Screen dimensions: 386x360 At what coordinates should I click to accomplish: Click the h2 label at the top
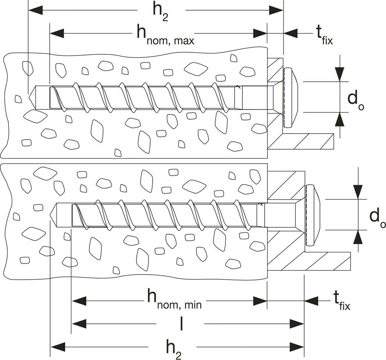point(161,13)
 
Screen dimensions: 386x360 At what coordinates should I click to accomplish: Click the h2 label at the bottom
point(173,349)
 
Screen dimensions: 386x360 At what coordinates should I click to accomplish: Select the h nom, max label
point(165,35)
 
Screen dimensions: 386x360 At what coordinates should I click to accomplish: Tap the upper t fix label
point(324,35)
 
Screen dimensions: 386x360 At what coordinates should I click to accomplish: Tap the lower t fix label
point(342,300)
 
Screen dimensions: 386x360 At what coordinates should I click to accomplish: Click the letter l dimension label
point(181,323)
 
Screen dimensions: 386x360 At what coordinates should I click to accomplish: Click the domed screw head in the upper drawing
point(291,98)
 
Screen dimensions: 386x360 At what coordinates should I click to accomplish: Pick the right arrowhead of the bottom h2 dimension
point(297,347)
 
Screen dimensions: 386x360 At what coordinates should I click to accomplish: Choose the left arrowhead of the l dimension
point(79,324)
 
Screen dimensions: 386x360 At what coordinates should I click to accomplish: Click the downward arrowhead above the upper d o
point(340,74)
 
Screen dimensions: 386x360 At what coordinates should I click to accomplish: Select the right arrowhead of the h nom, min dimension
point(260,301)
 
